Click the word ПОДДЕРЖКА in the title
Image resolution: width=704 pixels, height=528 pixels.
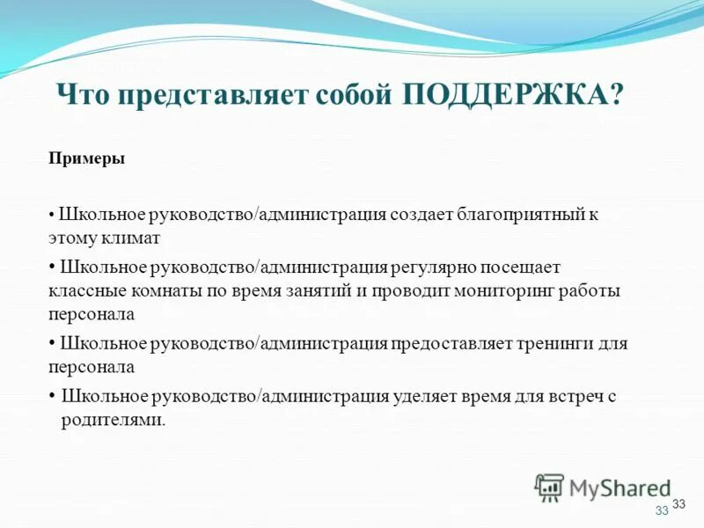(506, 93)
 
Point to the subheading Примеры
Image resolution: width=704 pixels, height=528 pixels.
(86, 159)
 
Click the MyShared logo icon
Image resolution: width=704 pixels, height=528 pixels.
(550, 488)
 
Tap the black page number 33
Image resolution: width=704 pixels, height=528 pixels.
(678, 503)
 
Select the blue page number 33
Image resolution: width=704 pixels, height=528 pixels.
(662, 511)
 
